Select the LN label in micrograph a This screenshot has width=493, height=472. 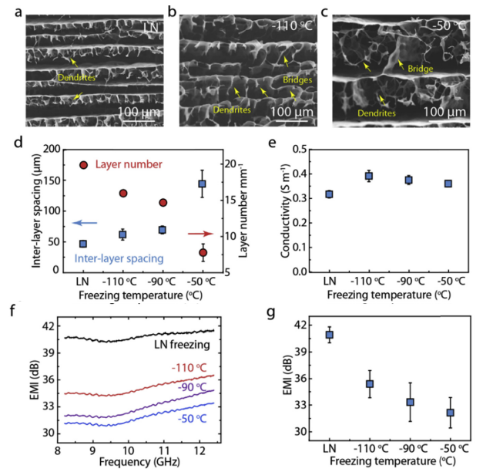151,29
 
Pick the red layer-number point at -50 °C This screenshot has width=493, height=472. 203,252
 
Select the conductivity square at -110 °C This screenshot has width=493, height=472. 368,177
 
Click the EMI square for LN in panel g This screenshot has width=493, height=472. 330,335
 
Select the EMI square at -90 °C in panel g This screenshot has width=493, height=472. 411,402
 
